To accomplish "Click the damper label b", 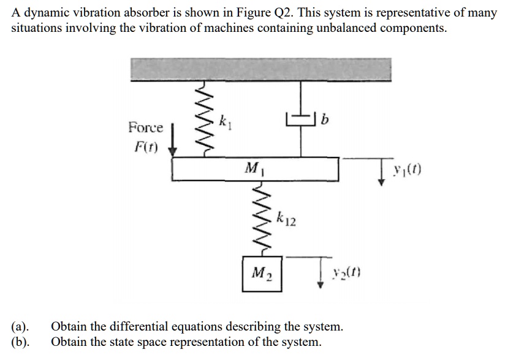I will (325, 118).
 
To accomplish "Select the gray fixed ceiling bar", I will (260, 69).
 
